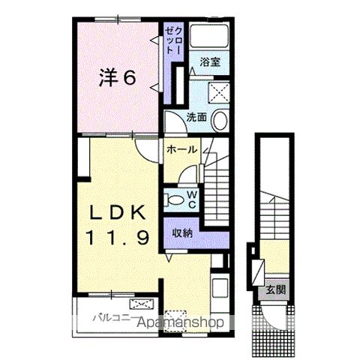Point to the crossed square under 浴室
[219, 93]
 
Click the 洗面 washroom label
[196, 117]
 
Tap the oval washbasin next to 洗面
[220, 120]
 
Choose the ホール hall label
[181, 150]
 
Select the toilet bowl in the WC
[174, 199]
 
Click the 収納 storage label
[182, 232]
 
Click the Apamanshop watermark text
[180, 322]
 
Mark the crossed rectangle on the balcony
[140, 304]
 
